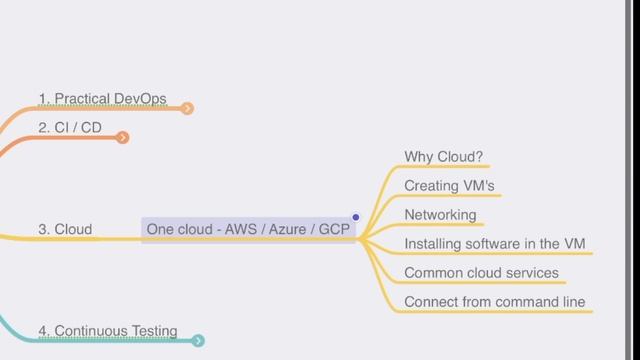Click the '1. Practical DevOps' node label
[x=102, y=99]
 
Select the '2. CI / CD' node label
[x=69, y=128]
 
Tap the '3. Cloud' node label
[x=65, y=229]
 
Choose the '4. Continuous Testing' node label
[x=107, y=331]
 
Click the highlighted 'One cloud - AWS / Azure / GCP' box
[x=249, y=229]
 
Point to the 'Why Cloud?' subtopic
[x=443, y=157]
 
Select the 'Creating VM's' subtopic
[x=449, y=186]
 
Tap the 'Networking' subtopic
[x=440, y=215]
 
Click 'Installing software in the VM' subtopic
[x=494, y=244]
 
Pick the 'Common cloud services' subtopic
[x=481, y=273]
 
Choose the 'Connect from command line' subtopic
[x=494, y=302]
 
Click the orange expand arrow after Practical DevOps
[x=188, y=108]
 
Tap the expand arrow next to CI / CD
[x=123, y=137]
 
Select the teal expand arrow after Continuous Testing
[x=198, y=341]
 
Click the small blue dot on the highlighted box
[x=355, y=217]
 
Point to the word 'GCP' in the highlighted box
[x=336, y=229]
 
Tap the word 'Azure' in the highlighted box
[x=288, y=229]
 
